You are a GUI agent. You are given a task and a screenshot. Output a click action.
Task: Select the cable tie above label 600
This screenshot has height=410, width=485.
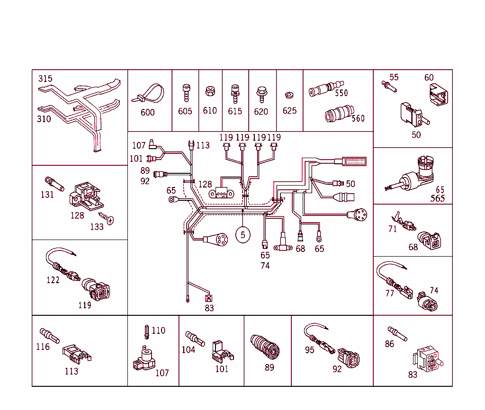[147, 94]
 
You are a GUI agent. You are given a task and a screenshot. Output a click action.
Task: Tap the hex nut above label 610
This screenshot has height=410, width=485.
[209, 91]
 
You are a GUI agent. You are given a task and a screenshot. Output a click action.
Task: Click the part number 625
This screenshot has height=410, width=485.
[289, 111]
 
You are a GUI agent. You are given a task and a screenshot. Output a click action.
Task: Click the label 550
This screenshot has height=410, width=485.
[341, 93]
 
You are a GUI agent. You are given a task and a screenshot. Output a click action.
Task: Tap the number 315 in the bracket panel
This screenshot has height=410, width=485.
[45, 79]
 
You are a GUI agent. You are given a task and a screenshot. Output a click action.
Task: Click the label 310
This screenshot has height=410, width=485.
[44, 119]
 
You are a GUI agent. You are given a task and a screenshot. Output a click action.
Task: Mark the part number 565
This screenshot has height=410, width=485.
[438, 198]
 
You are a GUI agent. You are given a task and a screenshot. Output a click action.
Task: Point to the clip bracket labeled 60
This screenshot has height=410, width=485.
[438, 94]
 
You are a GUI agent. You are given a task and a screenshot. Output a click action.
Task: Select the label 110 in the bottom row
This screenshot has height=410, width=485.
[159, 330]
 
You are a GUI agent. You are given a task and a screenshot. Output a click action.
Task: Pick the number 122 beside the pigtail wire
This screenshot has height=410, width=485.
[53, 280]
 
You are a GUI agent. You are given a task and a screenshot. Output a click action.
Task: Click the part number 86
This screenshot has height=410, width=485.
[389, 344]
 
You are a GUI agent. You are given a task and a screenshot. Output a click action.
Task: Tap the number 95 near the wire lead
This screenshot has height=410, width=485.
[309, 350]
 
